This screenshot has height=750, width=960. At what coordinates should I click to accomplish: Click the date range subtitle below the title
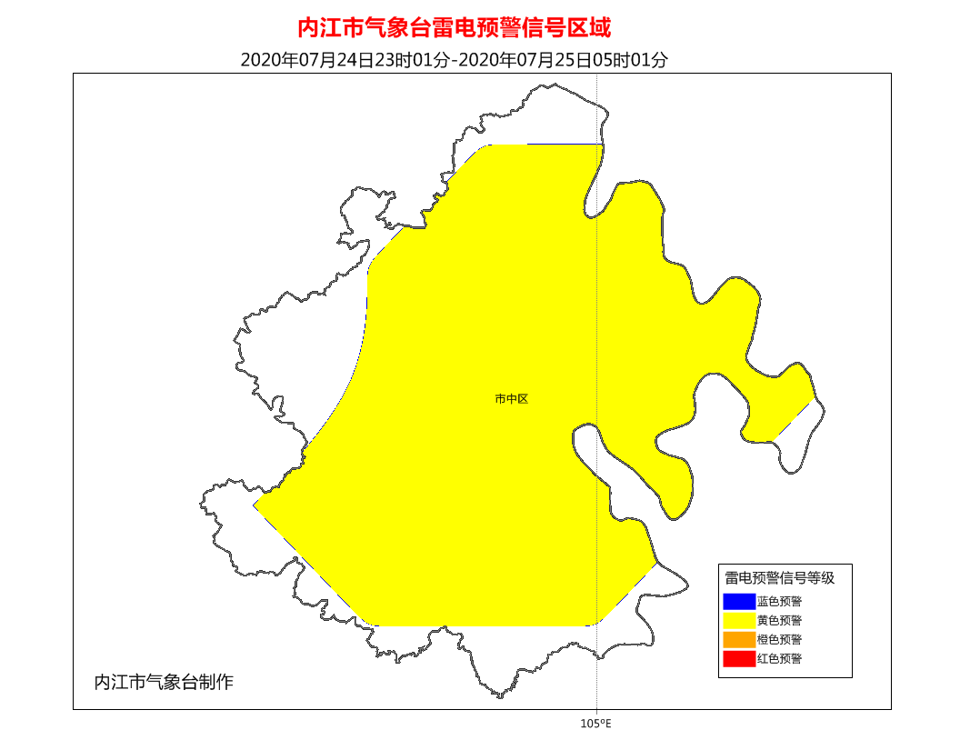pos(455,60)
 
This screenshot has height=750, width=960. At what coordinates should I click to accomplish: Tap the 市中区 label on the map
pos(512,398)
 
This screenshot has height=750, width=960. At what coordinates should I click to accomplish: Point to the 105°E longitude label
pos(595,724)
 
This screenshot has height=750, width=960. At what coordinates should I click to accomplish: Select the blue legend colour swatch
pos(739,601)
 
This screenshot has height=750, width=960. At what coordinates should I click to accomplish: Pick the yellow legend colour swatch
pos(739,620)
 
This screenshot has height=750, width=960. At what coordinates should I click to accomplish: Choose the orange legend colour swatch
pos(739,640)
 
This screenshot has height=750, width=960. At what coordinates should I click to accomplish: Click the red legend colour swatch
pos(739,659)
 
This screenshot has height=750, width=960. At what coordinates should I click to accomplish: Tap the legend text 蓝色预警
pos(779,601)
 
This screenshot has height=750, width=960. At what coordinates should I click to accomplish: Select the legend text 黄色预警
pos(779,620)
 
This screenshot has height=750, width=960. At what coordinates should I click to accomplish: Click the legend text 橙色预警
pos(779,640)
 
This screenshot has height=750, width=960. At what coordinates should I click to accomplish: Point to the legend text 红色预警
pos(779,659)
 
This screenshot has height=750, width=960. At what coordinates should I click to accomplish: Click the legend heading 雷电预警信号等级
pos(779,577)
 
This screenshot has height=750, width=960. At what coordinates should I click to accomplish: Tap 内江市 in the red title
pos(331,27)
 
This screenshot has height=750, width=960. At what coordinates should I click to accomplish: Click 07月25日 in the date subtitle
pos(558,60)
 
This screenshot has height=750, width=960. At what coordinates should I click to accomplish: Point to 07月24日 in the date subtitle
pos(338,60)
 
